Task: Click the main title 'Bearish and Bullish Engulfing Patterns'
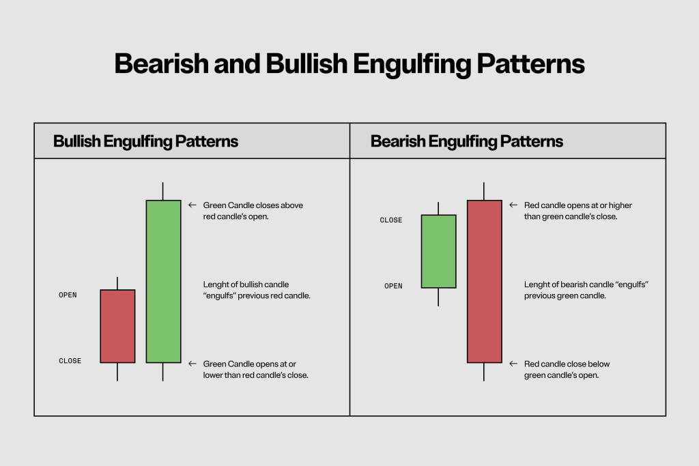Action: click(349, 63)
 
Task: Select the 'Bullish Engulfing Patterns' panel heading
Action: click(145, 141)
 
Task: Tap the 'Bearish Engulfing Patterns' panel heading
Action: click(466, 141)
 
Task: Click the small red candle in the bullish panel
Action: click(117, 326)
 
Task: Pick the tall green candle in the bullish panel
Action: click(163, 281)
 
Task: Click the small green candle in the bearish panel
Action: click(438, 251)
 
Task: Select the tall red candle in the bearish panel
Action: click(484, 281)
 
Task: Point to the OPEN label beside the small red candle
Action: click(68, 295)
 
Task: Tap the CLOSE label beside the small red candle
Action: click(70, 361)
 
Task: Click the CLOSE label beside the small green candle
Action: click(390, 220)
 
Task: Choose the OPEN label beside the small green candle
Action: click(393, 286)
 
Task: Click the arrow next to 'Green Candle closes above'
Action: click(192, 205)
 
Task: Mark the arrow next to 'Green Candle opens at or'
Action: click(192, 364)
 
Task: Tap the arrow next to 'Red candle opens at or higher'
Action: click(513, 205)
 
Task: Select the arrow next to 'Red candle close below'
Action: click(513, 364)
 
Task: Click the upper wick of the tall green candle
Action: click(163, 191)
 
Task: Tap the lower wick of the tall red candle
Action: click(484, 372)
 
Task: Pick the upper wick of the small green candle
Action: click(438, 208)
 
